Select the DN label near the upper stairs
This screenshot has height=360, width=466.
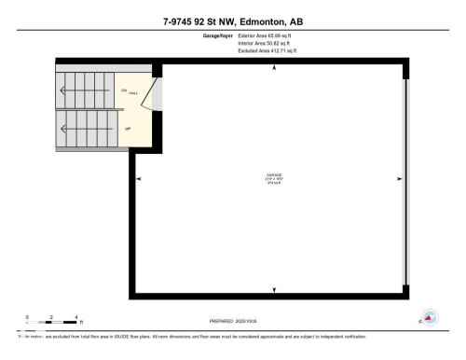pos(123,89)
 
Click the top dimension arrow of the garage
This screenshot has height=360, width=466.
pos(273,68)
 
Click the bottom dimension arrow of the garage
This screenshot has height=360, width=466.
pos(273,292)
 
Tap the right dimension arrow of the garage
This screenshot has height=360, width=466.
pos(401,180)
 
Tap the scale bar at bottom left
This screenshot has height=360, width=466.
pos(52,321)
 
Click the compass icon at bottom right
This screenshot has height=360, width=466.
pos(431,319)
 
